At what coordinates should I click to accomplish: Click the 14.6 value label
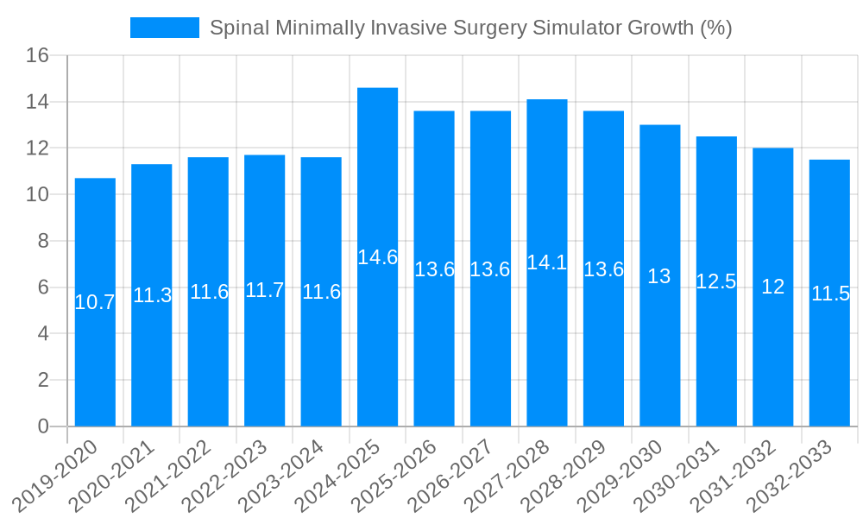tap(377, 257)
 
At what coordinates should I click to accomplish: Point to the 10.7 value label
tap(95, 302)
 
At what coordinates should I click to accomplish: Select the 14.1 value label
tap(547, 262)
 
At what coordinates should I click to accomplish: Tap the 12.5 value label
tap(716, 281)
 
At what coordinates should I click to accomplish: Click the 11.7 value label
tap(264, 290)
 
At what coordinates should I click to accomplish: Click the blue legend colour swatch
tap(165, 28)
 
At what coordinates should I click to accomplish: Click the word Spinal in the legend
tap(240, 28)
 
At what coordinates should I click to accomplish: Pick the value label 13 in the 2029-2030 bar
tap(659, 276)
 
